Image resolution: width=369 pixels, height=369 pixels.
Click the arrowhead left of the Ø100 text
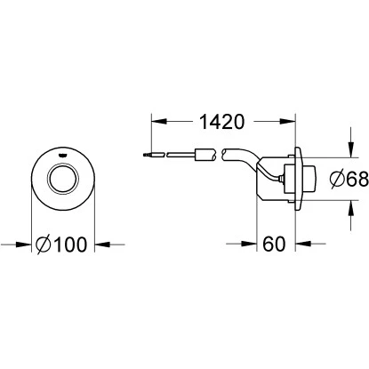point(27,240)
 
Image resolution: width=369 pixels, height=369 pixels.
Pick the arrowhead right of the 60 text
point(300,240)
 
